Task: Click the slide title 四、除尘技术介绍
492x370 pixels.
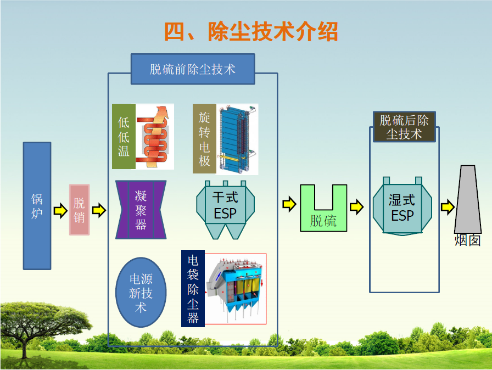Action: (x=251, y=32)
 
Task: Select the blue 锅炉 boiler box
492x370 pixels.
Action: (x=37, y=206)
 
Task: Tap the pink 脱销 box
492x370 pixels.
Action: (x=79, y=210)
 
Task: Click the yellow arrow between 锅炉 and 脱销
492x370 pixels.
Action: (x=60, y=211)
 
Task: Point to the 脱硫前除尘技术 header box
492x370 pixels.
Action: (x=192, y=69)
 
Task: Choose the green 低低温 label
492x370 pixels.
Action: (x=124, y=137)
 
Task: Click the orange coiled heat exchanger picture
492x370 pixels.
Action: (x=155, y=137)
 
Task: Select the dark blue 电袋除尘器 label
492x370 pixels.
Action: (x=193, y=288)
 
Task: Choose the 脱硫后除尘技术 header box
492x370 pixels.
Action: (x=404, y=127)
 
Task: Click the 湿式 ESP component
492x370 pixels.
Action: (x=402, y=208)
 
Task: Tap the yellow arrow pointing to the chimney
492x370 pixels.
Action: (x=448, y=207)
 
